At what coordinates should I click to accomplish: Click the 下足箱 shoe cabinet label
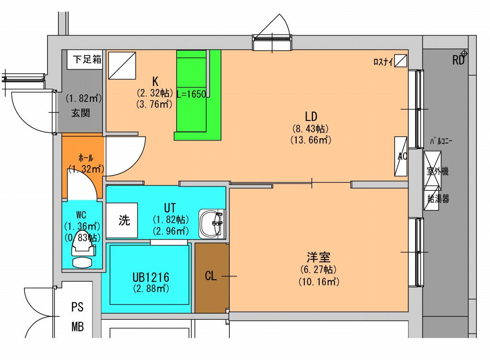click(x=87, y=59)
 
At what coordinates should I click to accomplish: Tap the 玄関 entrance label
click(x=80, y=113)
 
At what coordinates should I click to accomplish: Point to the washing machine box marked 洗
click(x=122, y=220)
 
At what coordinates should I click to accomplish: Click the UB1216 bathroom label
click(x=151, y=277)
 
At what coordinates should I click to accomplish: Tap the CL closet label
click(x=211, y=276)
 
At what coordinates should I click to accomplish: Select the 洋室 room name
click(x=318, y=257)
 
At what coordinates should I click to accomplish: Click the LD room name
click(x=311, y=117)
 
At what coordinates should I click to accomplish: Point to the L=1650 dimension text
click(x=191, y=94)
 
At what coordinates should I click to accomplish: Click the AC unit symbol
click(x=401, y=156)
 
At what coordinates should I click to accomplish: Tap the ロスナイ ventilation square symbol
click(x=401, y=61)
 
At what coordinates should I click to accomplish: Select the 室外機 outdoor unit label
click(x=437, y=171)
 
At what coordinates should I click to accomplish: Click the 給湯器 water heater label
click(x=438, y=198)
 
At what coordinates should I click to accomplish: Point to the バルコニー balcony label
click(x=441, y=141)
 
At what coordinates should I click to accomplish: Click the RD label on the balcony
click(x=458, y=60)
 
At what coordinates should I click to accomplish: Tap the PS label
click(x=78, y=307)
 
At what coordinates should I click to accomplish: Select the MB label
click(x=78, y=327)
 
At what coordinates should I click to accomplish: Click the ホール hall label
click(x=86, y=158)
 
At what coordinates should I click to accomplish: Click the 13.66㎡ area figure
click(x=311, y=140)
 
